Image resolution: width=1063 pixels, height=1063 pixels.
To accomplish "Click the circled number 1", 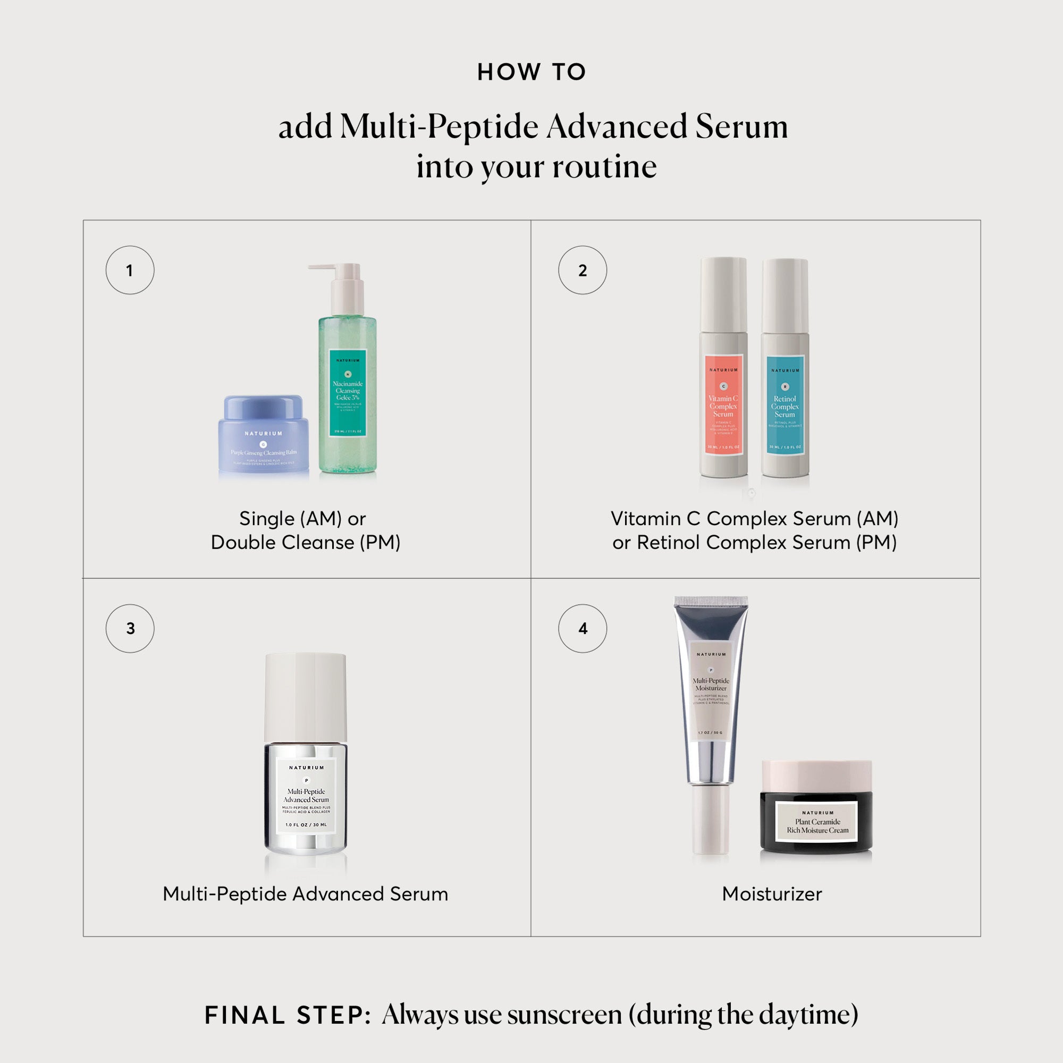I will click(130, 270).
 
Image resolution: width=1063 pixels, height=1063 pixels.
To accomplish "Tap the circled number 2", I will click(582, 270).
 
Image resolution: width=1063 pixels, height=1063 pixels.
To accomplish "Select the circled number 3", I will click(130, 628).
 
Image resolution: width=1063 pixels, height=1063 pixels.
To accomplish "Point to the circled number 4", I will click(582, 628).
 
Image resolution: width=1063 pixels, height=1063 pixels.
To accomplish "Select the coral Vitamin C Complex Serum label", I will click(723, 405).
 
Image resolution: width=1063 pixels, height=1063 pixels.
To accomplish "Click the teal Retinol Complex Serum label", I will click(785, 406).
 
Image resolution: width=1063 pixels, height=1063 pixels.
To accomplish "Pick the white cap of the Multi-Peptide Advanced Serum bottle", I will click(306, 697).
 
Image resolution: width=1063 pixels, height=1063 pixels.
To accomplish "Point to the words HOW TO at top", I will click(531, 72).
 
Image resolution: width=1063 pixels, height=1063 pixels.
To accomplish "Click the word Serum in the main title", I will click(741, 126).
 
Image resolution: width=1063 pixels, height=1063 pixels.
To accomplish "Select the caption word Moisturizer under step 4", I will click(771, 894).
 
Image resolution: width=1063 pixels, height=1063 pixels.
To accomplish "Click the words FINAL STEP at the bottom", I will click(287, 1015).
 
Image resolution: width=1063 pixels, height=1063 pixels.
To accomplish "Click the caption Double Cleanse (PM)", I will click(306, 543).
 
